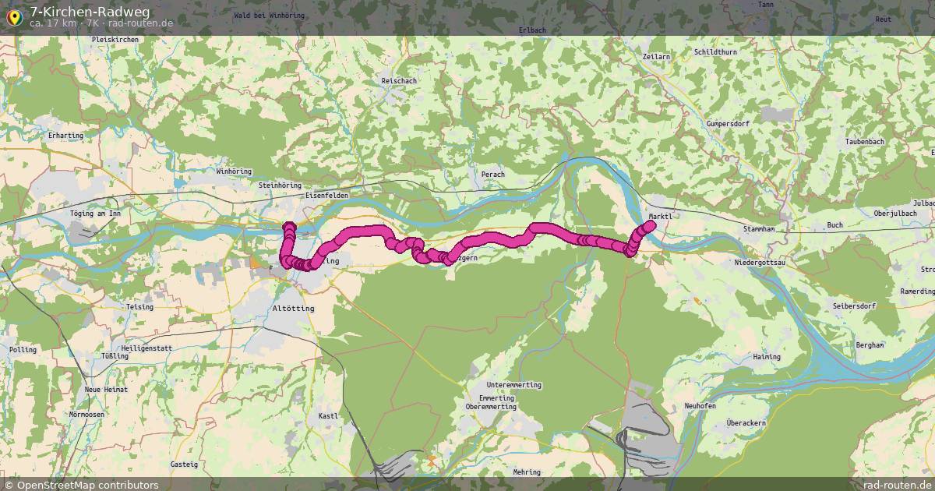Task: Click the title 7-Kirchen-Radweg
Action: click(90, 11)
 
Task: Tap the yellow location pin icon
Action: click(14, 17)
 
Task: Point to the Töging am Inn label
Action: click(96, 213)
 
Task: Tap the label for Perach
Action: click(493, 175)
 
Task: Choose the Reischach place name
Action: click(399, 81)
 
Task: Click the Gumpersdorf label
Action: click(727, 124)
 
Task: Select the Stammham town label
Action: click(759, 229)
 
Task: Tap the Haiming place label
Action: click(767, 357)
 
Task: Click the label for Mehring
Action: click(527, 472)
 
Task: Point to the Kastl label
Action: click(329, 416)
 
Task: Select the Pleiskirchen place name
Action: click(115, 39)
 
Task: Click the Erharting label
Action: click(65, 136)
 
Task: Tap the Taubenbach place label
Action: click(865, 142)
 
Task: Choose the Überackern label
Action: click(746, 423)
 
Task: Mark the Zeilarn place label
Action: click(658, 58)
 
